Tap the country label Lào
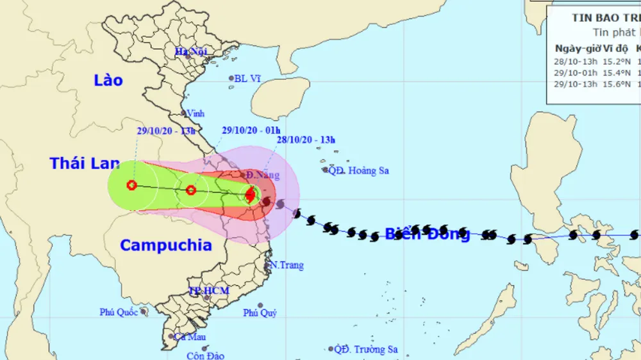(108, 81)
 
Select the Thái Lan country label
(85, 163)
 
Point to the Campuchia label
(166, 245)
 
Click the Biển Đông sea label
(427, 234)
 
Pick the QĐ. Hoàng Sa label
(359, 171)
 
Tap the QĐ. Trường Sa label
(367, 349)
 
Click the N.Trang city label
(287, 265)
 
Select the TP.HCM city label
(209, 291)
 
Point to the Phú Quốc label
(119, 312)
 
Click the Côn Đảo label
(206, 356)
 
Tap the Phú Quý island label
(260, 313)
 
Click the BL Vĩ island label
(247, 78)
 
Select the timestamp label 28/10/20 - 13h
(305, 139)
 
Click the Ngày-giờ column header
(574, 49)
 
